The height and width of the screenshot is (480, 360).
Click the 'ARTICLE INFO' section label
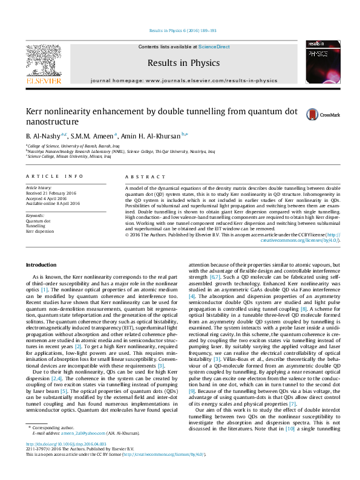pos(55,176)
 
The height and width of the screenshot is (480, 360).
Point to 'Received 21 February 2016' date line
pos(52,193)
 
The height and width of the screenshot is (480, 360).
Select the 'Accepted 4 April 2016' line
pos(47,198)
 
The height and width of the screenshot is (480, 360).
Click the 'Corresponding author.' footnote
pos(59,444)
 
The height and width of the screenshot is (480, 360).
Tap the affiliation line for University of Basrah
pos(68,146)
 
